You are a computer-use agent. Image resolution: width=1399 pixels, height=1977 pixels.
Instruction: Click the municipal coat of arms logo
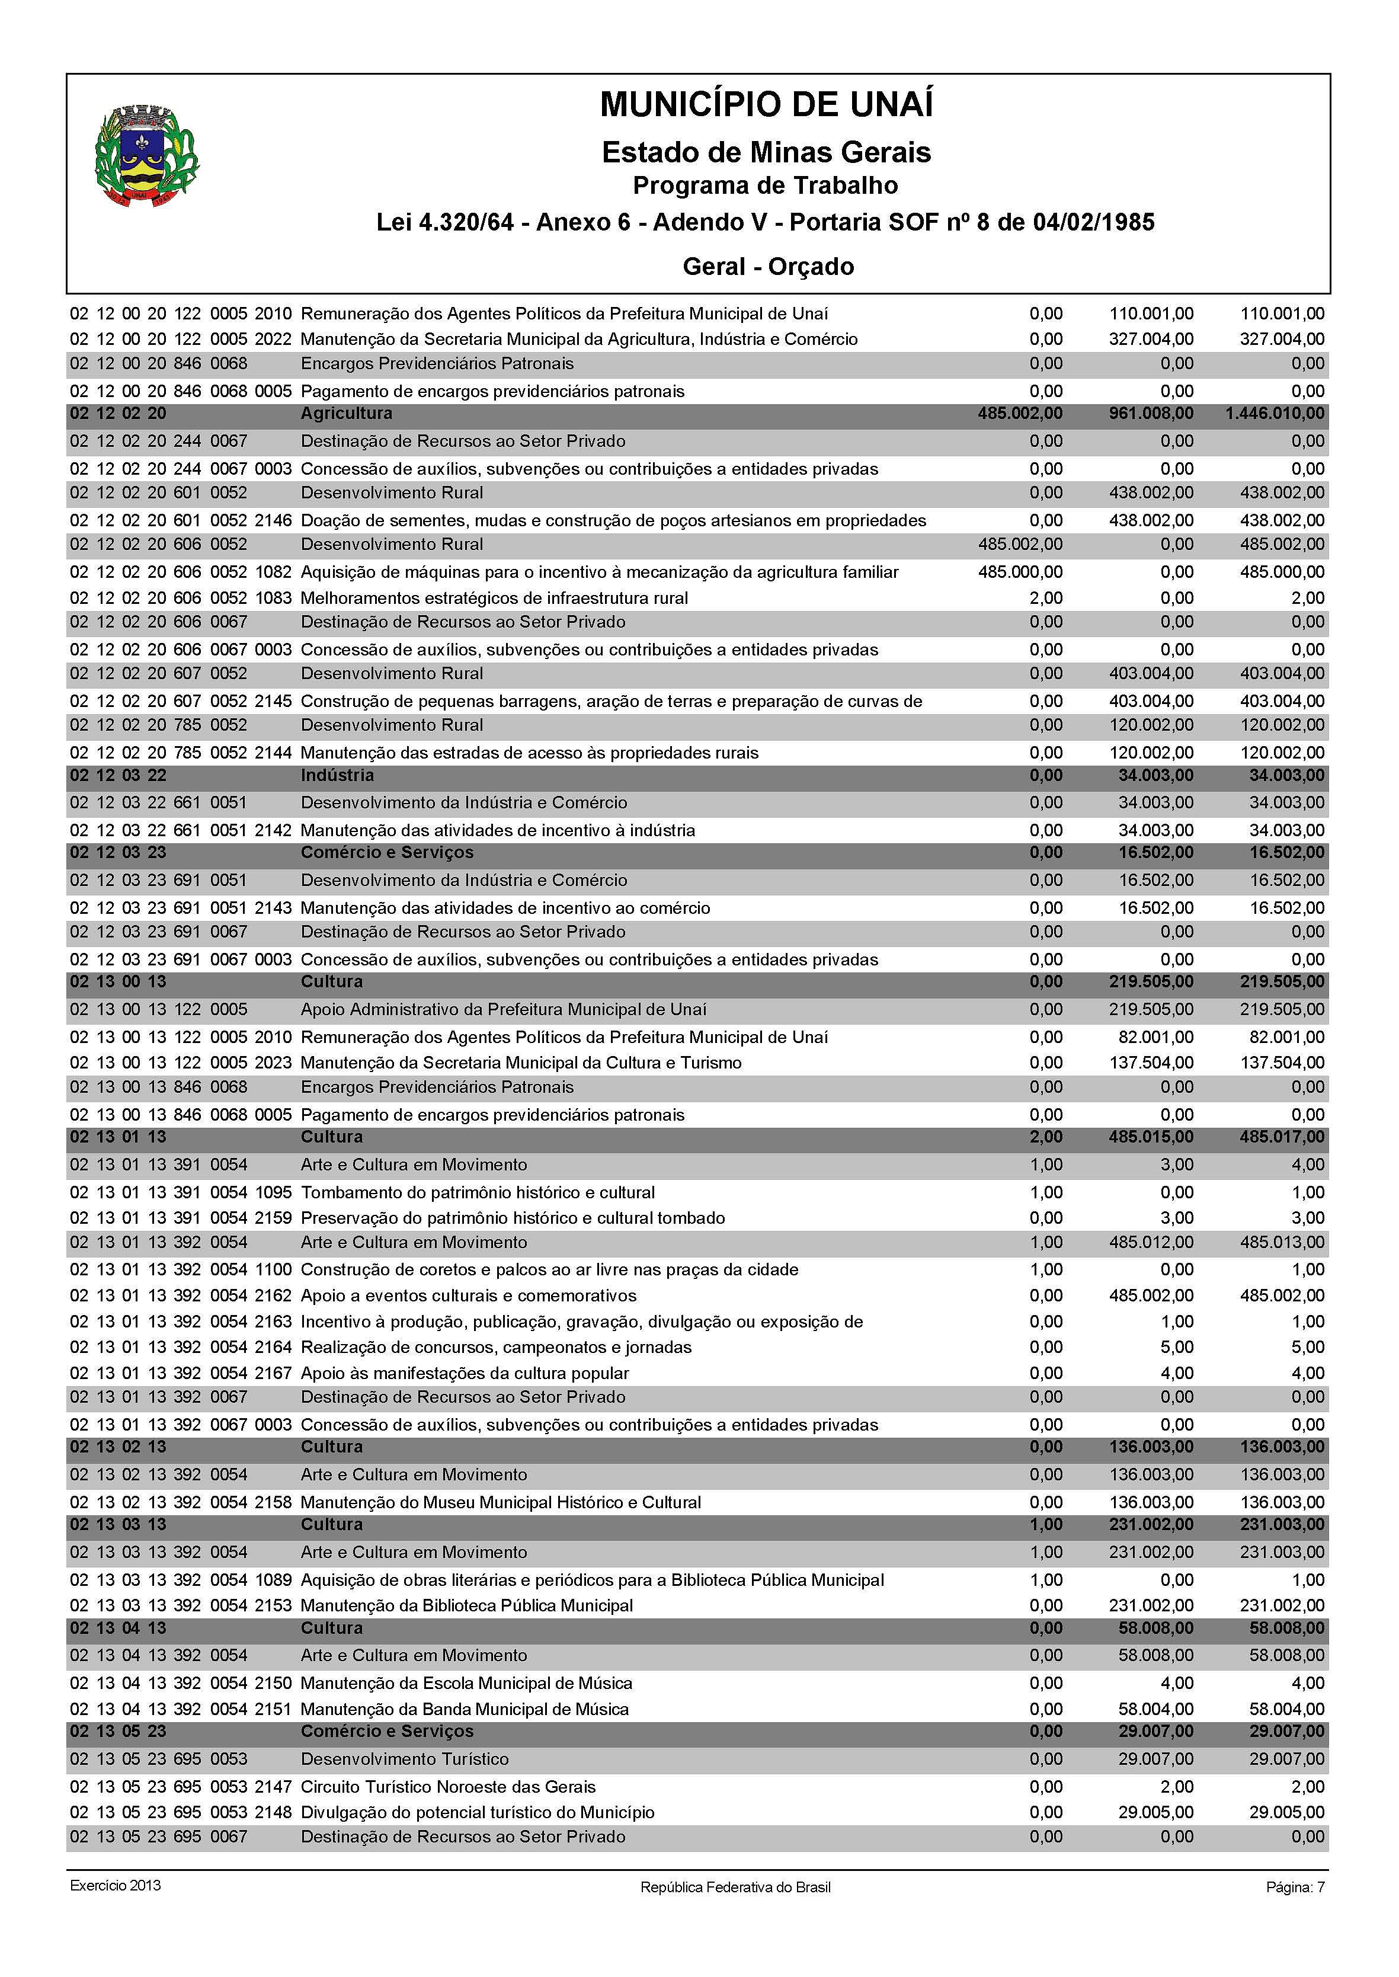pyautogui.click(x=146, y=156)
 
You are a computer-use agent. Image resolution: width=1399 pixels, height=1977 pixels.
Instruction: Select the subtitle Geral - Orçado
pyautogui.click(x=767, y=266)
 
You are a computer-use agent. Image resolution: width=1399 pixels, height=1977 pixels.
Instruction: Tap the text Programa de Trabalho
pyautogui.click(x=765, y=185)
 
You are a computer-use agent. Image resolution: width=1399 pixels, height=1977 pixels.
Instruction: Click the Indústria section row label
pyautogui.click(x=337, y=775)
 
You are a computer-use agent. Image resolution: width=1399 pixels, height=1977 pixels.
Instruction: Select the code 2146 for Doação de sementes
pyautogui.click(x=273, y=520)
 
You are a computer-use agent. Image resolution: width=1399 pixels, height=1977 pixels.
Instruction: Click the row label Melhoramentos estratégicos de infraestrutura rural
pyautogui.click(x=494, y=598)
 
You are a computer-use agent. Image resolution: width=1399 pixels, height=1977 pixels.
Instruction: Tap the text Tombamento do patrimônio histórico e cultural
pyautogui.click(x=477, y=1192)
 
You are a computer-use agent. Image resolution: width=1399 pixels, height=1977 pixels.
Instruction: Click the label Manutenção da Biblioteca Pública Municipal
pyautogui.click(x=466, y=1606)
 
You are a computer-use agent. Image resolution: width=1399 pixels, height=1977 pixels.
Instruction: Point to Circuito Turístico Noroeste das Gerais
pyautogui.click(x=448, y=1787)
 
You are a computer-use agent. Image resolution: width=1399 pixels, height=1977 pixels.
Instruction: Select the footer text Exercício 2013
pyautogui.click(x=116, y=1885)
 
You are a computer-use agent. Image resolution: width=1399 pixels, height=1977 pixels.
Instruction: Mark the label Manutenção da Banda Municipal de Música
pyautogui.click(x=465, y=1709)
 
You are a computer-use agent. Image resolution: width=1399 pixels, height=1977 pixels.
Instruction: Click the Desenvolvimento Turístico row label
pyautogui.click(x=404, y=1759)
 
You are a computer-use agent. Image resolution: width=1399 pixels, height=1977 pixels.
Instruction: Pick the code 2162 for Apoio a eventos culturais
pyautogui.click(x=273, y=1295)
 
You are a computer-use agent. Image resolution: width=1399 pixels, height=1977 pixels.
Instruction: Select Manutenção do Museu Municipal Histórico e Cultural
pyautogui.click(x=501, y=1502)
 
